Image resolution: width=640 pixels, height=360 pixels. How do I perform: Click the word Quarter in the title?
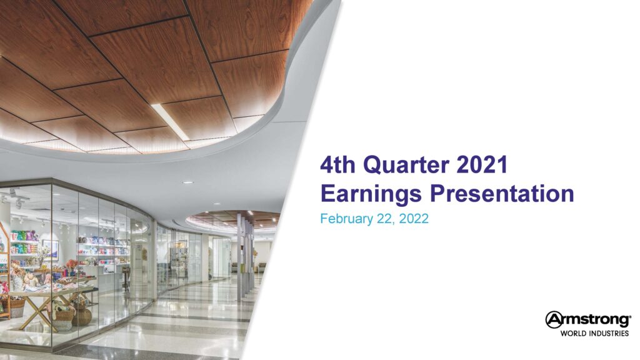click(406, 165)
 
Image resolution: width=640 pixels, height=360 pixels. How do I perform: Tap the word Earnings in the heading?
click(371, 194)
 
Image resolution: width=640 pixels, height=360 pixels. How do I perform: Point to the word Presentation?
click(502, 194)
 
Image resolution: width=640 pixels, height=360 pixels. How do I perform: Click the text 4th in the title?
click(337, 164)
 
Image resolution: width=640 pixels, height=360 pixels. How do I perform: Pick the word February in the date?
click(346, 219)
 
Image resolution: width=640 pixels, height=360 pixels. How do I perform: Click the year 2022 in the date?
click(414, 219)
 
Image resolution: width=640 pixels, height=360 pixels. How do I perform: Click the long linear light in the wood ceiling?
click(170, 122)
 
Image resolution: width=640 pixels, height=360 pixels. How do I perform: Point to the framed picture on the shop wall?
click(50, 250)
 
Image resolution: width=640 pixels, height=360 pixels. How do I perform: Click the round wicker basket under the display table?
click(82, 316)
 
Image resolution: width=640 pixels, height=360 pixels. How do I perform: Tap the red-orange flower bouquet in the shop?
click(72, 264)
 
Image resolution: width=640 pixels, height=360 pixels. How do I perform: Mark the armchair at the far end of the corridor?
click(262, 267)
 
